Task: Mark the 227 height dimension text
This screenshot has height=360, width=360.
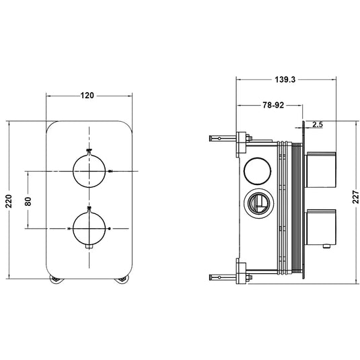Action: point(354,200)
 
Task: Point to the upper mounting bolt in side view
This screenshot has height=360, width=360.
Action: point(225,139)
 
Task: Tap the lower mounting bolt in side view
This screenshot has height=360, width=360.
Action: point(225,275)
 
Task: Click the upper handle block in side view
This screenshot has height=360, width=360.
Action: point(321,171)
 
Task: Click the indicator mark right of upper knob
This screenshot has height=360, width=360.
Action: point(110,172)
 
